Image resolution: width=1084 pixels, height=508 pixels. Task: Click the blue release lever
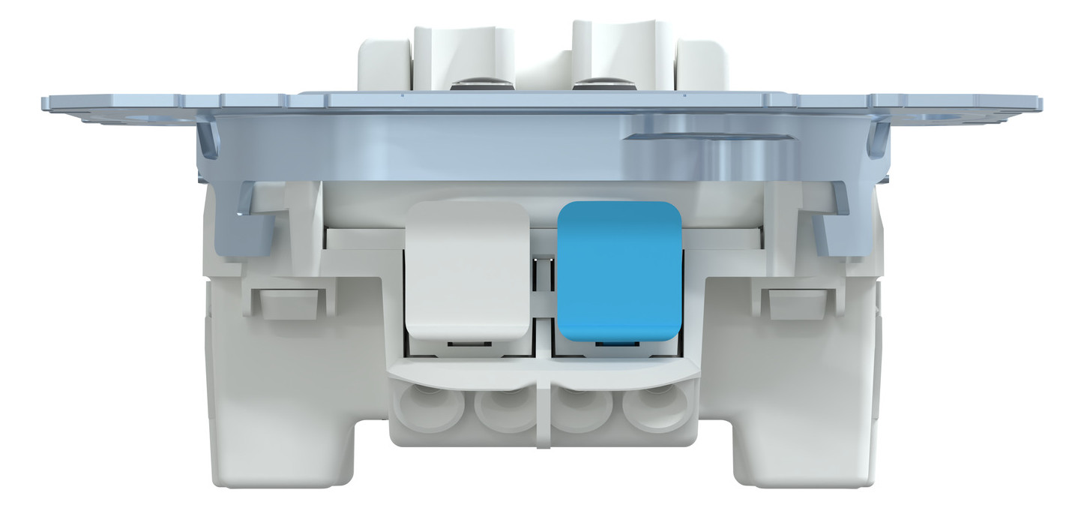619,270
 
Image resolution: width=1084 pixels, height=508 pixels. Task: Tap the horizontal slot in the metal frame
708,137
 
